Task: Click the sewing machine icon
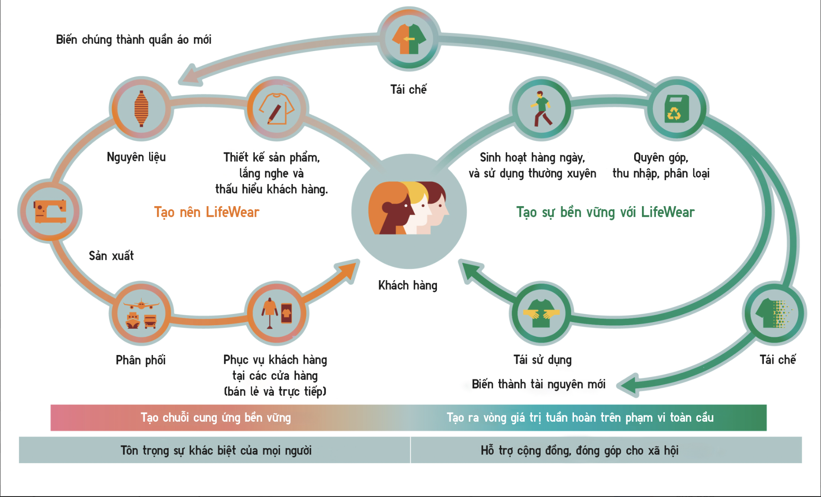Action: (x=50, y=211)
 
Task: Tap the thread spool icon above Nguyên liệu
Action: (x=141, y=108)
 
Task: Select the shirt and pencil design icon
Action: (x=277, y=109)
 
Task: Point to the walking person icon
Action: (x=541, y=108)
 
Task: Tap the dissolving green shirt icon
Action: (x=774, y=313)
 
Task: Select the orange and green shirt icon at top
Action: (x=409, y=39)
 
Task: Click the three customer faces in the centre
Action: (x=408, y=208)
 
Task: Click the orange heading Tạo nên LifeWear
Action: (x=207, y=212)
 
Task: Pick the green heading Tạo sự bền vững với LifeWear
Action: (x=605, y=212)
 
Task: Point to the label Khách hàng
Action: (x=408, y=285)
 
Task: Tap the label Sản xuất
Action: (x=111, y=255)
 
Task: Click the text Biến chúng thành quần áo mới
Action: (x=134, y=40)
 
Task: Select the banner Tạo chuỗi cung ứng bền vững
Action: (x=216, y=418)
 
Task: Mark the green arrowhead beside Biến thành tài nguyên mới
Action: (x=628, y=385)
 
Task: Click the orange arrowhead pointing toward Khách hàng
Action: (x=347, y=271)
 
